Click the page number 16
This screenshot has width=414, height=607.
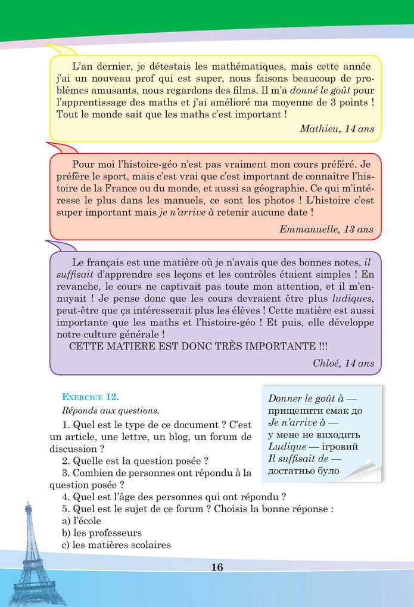click(x=217, y=567)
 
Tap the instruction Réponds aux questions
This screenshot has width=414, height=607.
click(x=110, y=410)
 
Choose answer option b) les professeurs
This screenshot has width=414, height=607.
click(x=102, y=532)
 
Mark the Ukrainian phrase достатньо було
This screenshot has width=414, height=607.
click(x=304, y=470)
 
